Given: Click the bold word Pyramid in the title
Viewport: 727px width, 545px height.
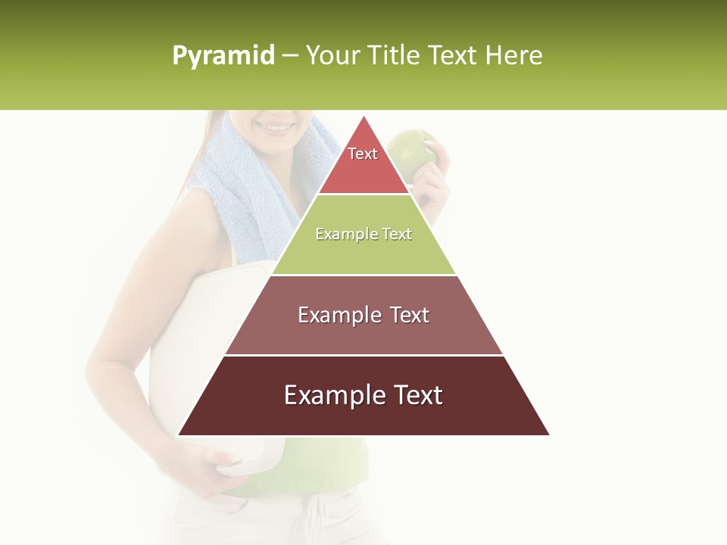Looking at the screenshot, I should coord(223,56).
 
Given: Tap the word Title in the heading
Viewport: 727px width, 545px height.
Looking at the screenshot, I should coord(396,56).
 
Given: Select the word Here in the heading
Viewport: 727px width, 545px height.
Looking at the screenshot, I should coord(513,56).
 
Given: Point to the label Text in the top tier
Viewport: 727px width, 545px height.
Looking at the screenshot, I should coord(363,154).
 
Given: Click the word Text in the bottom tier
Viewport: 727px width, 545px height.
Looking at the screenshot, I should coord(417,395).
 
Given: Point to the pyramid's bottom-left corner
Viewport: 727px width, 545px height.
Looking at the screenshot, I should coord(179,434).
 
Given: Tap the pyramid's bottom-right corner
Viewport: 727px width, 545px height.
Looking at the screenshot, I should coord(549,434).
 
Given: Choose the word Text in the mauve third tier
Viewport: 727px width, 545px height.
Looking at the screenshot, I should coord(409,315).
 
